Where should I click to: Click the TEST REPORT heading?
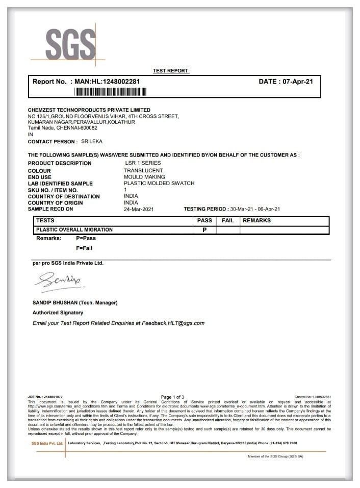coord(171,71)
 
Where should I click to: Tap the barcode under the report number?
coord(111,92)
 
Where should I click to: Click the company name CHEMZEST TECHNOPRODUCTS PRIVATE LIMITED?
coord(89,110)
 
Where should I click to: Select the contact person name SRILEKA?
coord(92,141)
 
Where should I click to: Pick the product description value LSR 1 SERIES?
coord(143,163)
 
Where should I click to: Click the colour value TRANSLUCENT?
coord(143,170)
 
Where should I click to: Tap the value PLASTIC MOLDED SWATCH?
coord(159,183)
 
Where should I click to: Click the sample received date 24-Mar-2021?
coord(139,209)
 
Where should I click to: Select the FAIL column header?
coord(227,221)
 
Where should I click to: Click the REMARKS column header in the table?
coord(256,221)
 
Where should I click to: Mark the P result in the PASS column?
coord(204,230)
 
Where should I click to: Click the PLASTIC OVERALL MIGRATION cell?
coord(74,230)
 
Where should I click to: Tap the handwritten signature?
coord(56,280)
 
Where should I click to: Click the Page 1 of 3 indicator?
coord(172,397)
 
